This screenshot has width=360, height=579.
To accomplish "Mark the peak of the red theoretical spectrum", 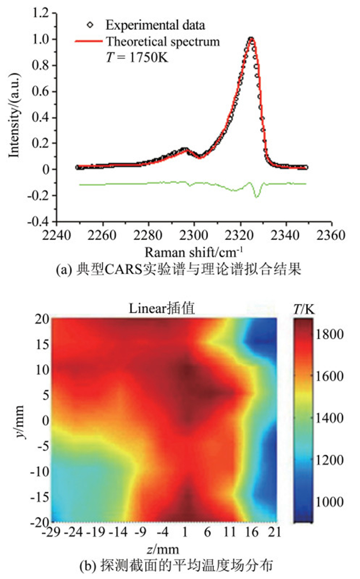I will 251,39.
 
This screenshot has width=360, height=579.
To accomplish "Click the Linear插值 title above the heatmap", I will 165,308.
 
